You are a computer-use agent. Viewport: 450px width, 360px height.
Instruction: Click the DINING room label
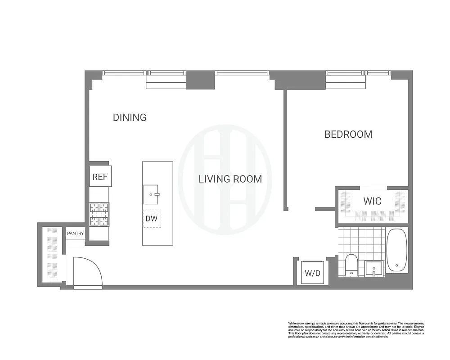click(130, 117)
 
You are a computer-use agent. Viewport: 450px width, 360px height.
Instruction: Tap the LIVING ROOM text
click(230, 179)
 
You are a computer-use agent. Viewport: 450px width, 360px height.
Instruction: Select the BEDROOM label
click(348, 134)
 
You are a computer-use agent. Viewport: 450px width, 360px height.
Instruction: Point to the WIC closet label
click(373, 201)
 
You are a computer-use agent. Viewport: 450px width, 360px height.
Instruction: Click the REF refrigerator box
click(100, 176)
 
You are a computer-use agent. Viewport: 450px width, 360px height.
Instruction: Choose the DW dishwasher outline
click(152, 218)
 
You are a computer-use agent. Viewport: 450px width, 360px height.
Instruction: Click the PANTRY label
click(75, 234)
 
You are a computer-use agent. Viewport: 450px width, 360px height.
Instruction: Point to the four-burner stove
click(99, 214)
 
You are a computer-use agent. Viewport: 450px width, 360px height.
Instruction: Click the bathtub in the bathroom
click(396, 250)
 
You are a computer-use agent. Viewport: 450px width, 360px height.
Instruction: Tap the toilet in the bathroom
click(351, 265)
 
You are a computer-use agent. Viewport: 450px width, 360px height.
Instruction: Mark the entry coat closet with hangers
click(52, 254)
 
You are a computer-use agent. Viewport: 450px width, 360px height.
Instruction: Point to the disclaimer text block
click(356, 330)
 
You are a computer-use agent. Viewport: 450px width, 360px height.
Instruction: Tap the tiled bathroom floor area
click(360, 241)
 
